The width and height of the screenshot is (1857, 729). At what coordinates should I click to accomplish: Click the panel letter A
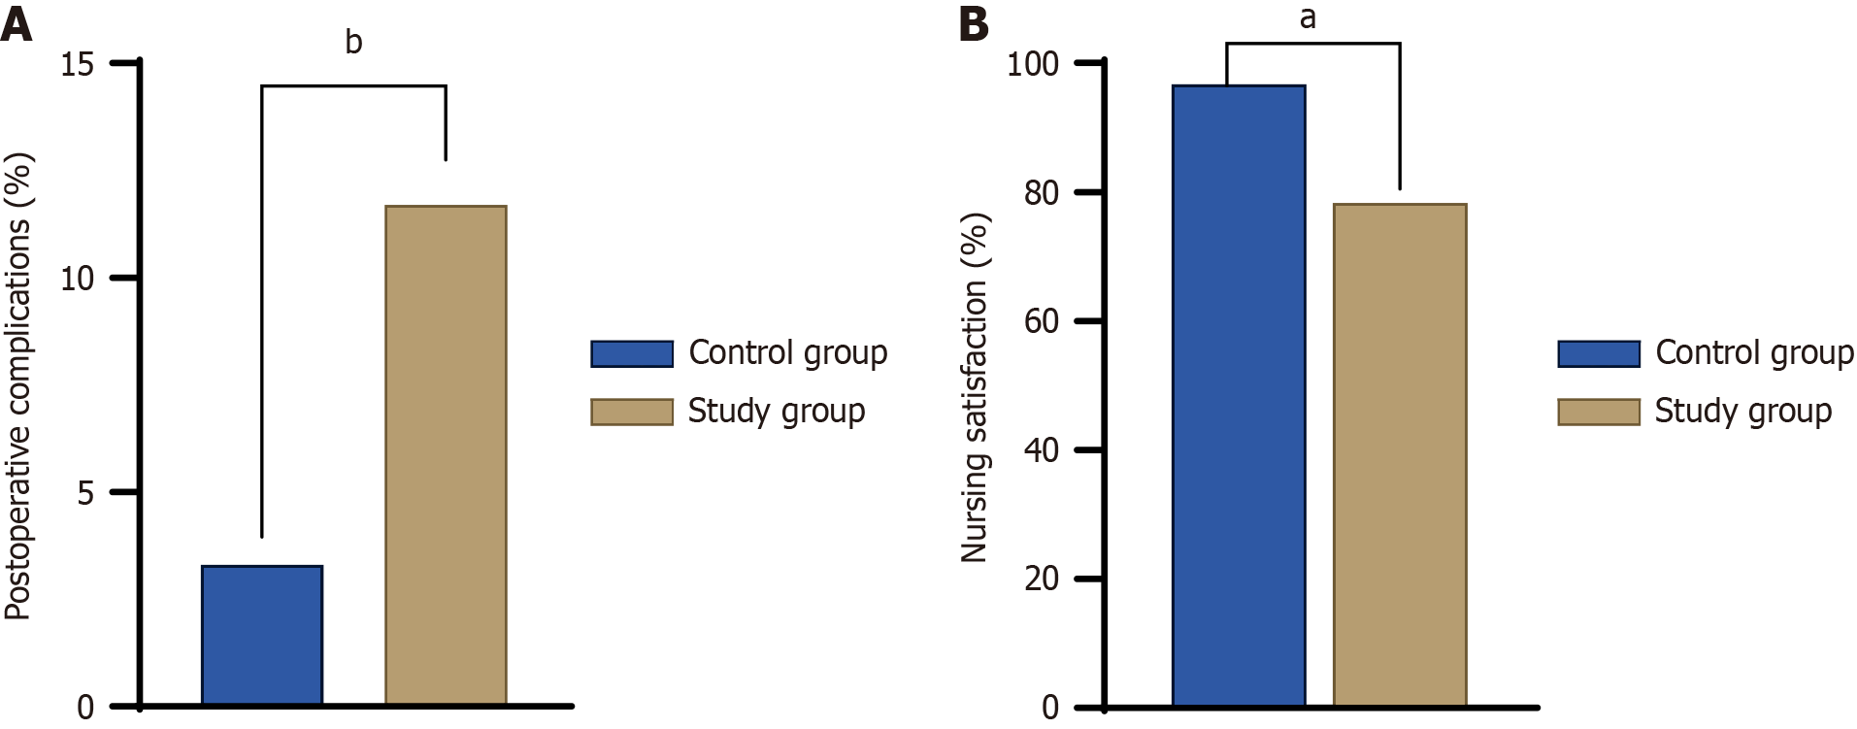(17, 24)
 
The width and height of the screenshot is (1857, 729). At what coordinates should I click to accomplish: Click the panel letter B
(974, 24)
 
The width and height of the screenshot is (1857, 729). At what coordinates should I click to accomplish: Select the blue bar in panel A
(262, 635)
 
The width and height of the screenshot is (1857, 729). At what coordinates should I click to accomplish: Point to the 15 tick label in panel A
(78, 65)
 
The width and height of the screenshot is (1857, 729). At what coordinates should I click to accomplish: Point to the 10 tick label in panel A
(78, 280)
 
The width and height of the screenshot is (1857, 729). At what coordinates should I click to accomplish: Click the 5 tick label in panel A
(85, 493)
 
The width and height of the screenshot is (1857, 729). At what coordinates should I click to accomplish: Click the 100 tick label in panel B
(1033, 65)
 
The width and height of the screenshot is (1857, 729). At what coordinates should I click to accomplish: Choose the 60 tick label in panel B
(1042, 322)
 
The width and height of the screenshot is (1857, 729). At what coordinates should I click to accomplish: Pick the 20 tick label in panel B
(1042, 580)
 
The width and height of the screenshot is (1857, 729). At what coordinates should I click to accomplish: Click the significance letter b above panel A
(353, 42)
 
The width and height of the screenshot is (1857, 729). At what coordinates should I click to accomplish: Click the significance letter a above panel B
(1308, 17)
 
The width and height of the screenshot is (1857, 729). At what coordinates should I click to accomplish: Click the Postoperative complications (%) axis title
(18, 386)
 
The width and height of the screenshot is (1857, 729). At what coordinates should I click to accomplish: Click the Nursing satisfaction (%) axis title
(974, 386)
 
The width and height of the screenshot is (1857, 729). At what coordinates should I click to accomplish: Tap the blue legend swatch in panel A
(632, 353)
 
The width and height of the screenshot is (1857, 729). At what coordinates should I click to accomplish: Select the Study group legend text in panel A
(776, 411)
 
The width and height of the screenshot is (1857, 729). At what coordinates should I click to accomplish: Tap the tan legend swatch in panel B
(1599, 412)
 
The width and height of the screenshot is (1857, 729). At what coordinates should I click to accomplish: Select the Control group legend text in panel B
(1754, 352)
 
